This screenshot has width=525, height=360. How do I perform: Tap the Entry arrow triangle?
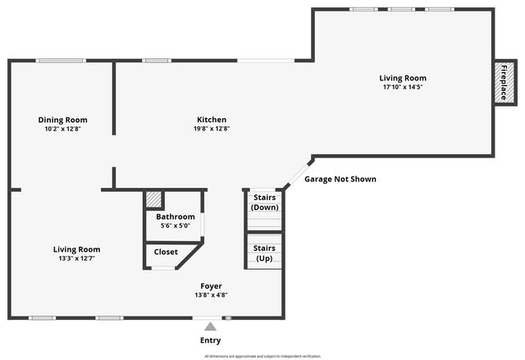210,327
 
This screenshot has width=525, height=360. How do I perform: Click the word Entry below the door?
210,340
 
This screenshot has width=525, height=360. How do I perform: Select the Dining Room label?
62,120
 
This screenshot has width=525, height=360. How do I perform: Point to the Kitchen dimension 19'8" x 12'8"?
211,128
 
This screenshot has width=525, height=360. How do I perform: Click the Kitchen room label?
211,120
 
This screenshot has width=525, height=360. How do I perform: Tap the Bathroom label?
175,216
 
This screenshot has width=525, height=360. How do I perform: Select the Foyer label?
211,286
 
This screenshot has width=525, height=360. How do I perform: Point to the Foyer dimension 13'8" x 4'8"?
211,294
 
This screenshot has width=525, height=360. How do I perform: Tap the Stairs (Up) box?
264,253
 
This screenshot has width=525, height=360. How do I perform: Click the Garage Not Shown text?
340,179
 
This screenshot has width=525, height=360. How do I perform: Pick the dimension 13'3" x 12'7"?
76,258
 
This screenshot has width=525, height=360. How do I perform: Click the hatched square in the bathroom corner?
153,199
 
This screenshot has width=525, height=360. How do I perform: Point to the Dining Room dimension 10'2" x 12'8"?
62,128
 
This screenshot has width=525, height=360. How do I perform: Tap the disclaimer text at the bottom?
262,357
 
